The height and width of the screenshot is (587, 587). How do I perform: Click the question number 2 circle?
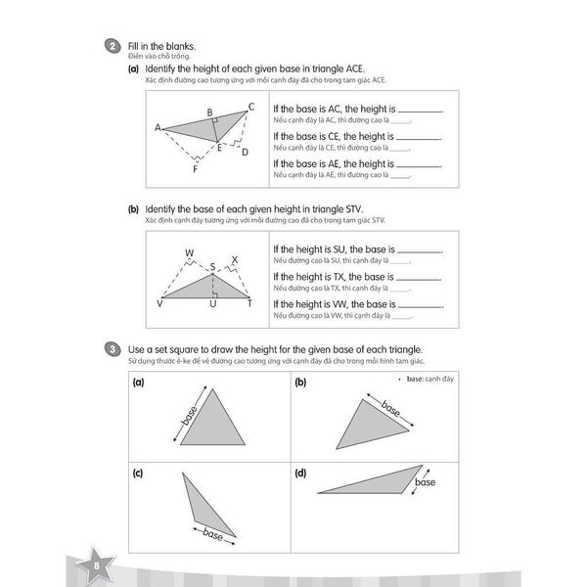[x=113, y=46]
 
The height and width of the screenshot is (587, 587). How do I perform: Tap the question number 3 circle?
[x=113, y=349]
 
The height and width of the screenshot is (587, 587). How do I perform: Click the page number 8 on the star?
[x=96, y=566]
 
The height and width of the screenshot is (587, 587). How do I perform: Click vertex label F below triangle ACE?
[x=195, y=169]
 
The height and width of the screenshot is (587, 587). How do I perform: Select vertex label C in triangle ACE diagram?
[x=250, y=107]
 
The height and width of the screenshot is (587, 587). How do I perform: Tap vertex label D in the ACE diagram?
[x=245, y=152]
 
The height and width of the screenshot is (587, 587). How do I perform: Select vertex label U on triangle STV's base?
[x=212, y=303]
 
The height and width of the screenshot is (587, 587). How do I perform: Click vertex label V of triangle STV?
[x=159, y=303]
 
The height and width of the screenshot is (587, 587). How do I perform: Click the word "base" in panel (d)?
[x=425, y=483]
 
